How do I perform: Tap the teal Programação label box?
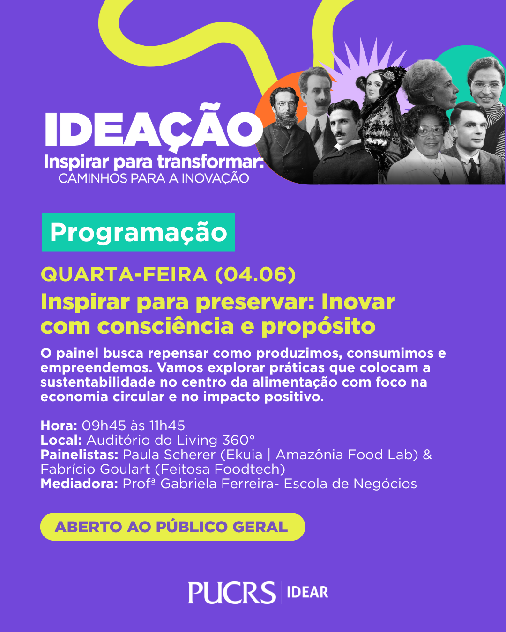point(139,232)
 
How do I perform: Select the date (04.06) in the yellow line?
point(255,275)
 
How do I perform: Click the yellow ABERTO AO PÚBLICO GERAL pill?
point(172,527)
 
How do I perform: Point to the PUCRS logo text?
point(232,592)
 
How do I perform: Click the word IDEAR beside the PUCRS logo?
point(307,592)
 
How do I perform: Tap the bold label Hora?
point(59,426)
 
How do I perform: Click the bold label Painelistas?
point(79,455)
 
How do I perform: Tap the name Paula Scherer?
point(169,455)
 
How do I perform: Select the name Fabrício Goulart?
point(95,469)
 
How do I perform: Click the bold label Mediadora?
point(79,484)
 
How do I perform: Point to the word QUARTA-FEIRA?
point(124,275)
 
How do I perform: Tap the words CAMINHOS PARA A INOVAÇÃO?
point(154,178)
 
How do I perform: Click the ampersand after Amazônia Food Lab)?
point(427,455)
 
